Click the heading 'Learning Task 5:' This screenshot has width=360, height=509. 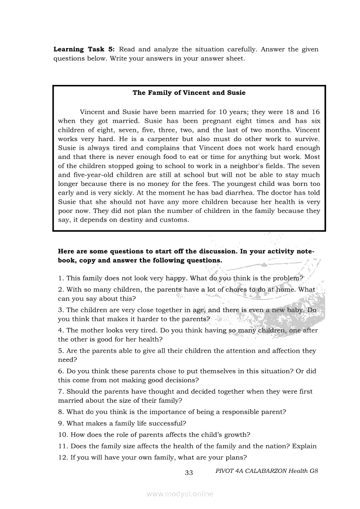[x=84, y=49]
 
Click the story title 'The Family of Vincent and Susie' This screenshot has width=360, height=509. [x=189, y=93]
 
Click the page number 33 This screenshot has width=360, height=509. [x=189, y=473]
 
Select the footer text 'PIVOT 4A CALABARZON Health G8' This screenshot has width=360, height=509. [x=266, y=471]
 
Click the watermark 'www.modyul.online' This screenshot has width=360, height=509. [x=180, y=494]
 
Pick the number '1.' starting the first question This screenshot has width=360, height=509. [x=61, y=278]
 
